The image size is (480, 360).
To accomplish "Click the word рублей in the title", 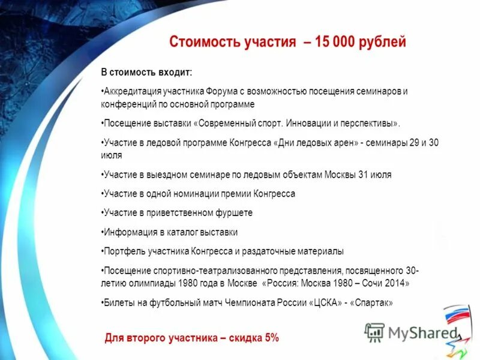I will (383, 43).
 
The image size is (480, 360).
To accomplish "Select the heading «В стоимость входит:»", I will (146, 73).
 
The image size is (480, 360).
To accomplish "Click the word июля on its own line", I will (112, 155).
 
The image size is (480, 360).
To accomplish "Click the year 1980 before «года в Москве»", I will (178, 283).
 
